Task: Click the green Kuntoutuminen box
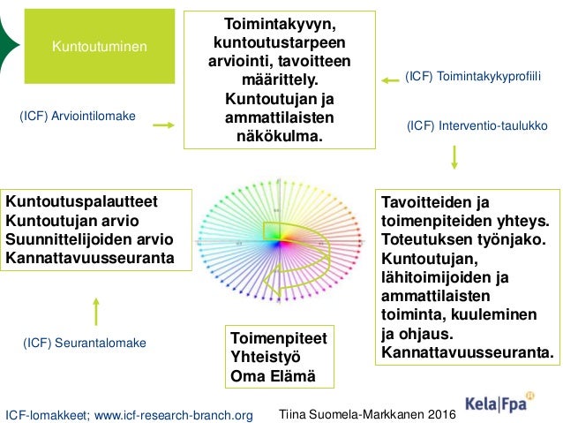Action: [98, 45]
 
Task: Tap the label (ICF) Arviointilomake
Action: [78, 115]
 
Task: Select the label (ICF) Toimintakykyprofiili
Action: [471, 79]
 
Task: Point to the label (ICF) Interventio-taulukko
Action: [477, 126]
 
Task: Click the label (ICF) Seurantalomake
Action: [84, 342]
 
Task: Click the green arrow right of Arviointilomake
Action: [164, 125]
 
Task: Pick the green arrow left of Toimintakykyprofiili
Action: [389, 80]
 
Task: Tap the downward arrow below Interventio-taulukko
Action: [454, 156]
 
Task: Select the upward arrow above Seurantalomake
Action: [96, 310]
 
